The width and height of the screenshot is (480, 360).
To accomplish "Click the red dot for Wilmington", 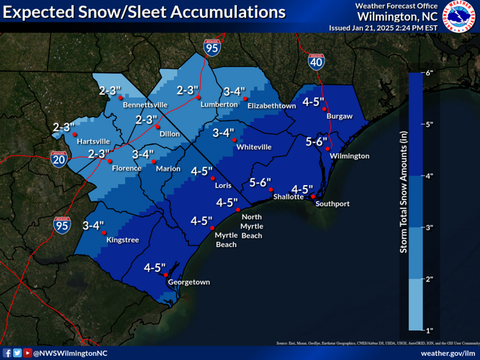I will tap(328, 149).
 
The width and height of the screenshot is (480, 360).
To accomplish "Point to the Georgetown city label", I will tap(189, 282).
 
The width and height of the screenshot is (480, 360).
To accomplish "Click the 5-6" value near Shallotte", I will tap(260, 182).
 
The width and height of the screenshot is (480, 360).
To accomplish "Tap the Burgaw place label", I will tap(340, 115).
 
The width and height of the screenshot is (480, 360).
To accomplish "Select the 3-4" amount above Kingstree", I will tap(94, 225).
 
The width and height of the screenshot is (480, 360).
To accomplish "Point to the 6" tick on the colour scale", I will tap(427, 73).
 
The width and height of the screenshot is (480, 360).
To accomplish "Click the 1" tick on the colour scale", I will tap(427, 330).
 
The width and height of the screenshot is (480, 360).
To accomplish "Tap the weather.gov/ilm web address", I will tap(447, 353).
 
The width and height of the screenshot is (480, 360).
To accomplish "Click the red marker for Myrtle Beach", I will tap(212, 228).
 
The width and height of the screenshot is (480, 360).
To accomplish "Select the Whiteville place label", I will tap(254, 147).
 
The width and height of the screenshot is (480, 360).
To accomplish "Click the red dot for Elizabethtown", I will tap(245, 98).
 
